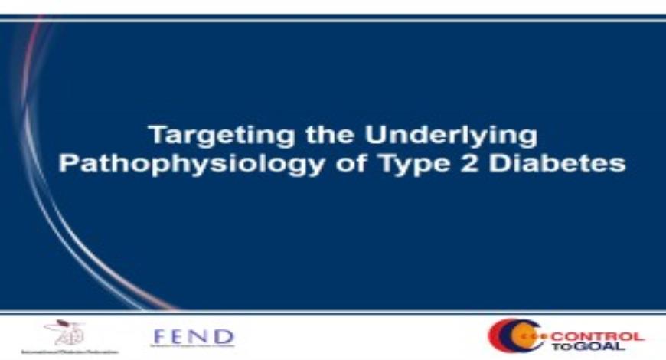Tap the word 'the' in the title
pos(312,136)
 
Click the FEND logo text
pos(193,335)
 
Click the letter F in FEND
pos(159,335)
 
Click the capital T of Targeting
pos(155,136)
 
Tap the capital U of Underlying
pos(375,136)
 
